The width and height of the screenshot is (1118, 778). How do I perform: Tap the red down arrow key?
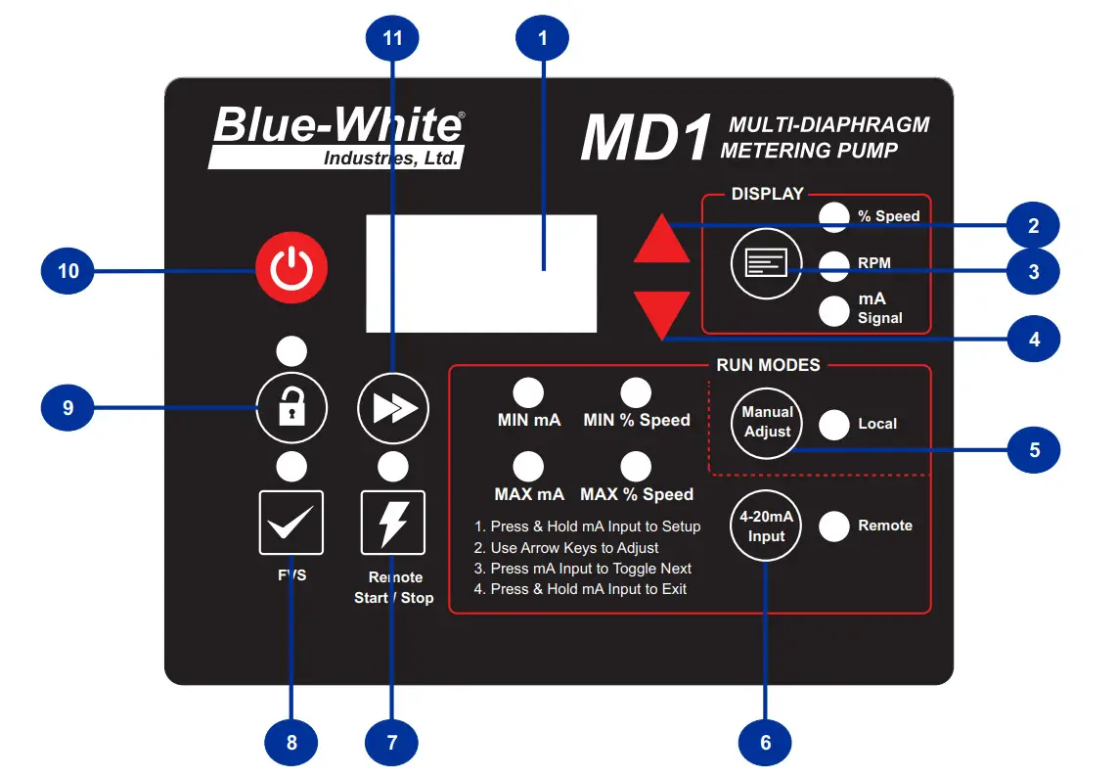click(662, 312)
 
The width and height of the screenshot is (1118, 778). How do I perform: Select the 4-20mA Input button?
click(767, 527)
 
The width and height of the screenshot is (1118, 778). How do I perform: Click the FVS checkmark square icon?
click(291, 523)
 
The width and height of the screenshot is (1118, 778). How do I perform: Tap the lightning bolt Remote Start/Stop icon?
click(393, 523)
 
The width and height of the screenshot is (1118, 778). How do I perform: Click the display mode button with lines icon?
click(766, 264)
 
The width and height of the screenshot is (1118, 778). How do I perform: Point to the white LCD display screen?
click(481, 273)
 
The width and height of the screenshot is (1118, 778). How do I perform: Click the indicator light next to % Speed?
click(833, 217)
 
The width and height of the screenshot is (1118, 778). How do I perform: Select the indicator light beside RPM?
click(833, 263)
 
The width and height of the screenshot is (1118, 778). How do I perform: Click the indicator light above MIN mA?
click(528, 392)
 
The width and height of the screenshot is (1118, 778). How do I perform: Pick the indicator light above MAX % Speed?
click(637, 466)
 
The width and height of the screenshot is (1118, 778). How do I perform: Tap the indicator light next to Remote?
click(833, 526)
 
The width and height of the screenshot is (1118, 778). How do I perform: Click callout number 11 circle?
click(391, 39)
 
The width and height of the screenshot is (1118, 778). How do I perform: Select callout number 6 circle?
click(766, 743)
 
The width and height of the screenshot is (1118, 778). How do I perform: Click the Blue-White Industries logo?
click(337, 136)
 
